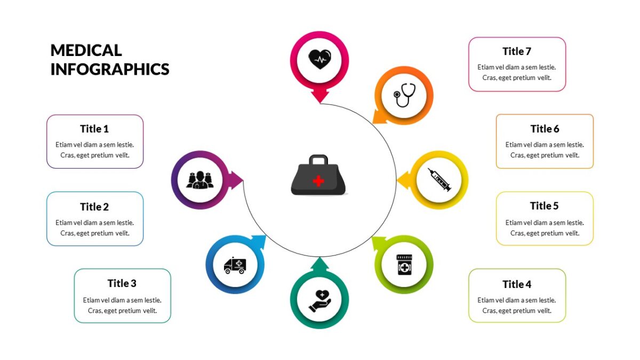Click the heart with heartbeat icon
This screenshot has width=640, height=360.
pyautogui.click(x=319, y=59)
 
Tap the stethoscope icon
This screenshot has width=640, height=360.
pyautogui.click(x=404, y=95)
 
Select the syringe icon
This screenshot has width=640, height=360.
pyautogui.click(x=439, y=180)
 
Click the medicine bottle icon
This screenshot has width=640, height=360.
pyautogui.click(x=404, y=265)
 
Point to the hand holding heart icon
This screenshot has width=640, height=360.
pyautogui.click(x=319, y=301)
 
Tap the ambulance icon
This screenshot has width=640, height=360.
pyautogui.click(x=235, y=265)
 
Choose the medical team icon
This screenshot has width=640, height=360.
pyautogui.click(x=200, y=180)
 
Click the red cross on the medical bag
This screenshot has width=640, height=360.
pyautogui.click(x=318, y=181)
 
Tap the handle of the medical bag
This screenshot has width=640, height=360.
pyautogui.click(x=318, y=160)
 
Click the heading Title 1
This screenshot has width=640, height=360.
pyautogui.click(x=94, y=129)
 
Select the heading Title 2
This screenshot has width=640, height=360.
pyautogui.click(x=94, y=206)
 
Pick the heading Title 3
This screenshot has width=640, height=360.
pyautogui.click(x=122, y=283)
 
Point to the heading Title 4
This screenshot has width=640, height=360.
pyautogui.click(x=517, y=284)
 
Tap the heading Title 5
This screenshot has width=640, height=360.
pyautogui.click(x=545, y=206)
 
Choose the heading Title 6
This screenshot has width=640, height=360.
pyautogui.click(x=545, y=129)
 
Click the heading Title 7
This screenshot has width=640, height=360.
pyautogui.click(x=517, y=51)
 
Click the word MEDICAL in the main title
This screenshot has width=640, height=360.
pyautogui.click(x=86, y=50)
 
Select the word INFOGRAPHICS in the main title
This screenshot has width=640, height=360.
pyautogui.click(x=110, y=69)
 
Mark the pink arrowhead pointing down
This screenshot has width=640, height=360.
pyautogui.click(x=320, y=97)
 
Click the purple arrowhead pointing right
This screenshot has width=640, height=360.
pyautogui.click(x=237, y=180)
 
